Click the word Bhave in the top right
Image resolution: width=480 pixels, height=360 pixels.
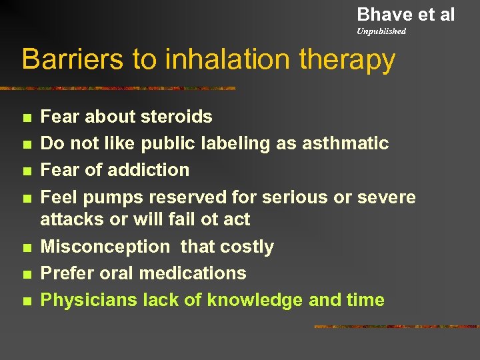382,14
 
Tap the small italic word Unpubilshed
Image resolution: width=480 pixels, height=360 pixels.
381,31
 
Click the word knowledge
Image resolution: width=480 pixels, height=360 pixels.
255,300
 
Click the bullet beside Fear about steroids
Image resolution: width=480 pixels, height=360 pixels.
26,118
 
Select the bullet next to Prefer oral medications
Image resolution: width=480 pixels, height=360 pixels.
26,274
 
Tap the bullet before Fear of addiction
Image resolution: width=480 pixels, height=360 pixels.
26,171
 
